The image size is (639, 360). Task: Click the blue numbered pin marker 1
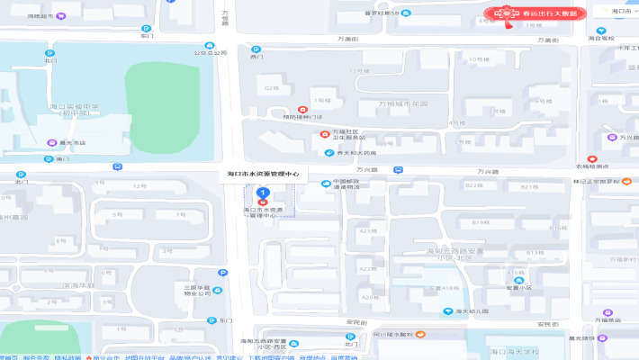click(x=262, y=193)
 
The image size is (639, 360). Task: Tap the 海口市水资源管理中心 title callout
click(x=265, y=175)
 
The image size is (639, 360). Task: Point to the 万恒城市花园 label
click(x=402, y=104)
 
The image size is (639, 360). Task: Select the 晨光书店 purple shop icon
click(x=51, y=142)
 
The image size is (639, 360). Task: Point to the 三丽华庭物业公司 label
click(x=196, y=291)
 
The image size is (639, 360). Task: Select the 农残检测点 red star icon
click(x=591, y=158)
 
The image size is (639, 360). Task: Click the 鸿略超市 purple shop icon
click(x=60, y=16)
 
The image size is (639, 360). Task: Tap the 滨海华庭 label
click(x=77, y=285)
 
